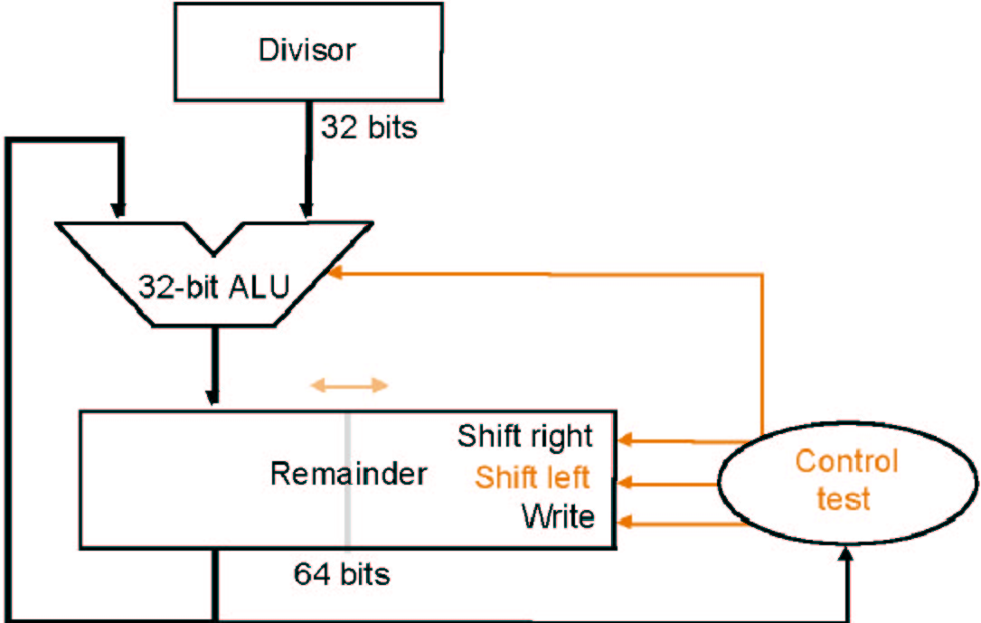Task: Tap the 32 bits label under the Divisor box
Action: tap(369, 127)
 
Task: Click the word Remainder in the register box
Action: tap(348, 473)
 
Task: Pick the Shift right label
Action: tap(524, 436)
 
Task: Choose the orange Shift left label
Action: tap(533, 477)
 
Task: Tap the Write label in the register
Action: tap(558, 517)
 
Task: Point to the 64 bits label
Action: tap(342, 573)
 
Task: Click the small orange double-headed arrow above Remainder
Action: tap(350, 385)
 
